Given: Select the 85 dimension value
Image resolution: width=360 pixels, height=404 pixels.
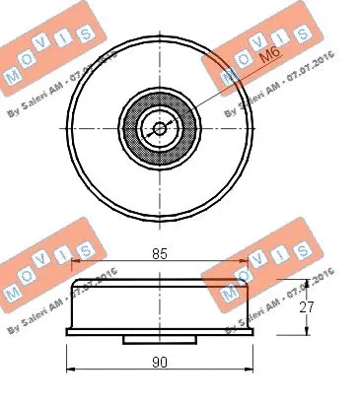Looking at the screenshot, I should click(159, 255).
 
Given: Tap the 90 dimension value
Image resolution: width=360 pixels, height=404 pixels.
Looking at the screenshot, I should click(159, 362).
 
